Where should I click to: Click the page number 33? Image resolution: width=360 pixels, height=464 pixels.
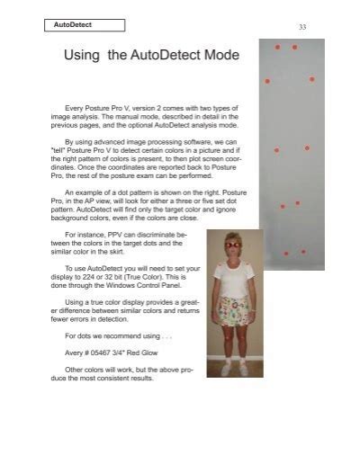coord(302,28)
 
